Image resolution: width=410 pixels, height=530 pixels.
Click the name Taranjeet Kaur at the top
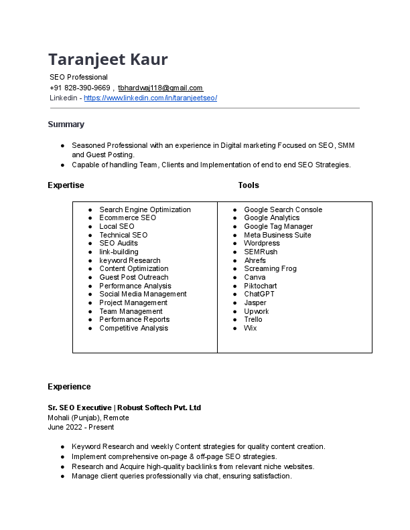108,60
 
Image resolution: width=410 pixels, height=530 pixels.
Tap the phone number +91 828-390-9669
80,88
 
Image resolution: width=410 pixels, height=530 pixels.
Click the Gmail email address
160,88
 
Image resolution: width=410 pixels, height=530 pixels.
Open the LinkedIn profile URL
150,98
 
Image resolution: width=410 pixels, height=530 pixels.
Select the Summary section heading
66,124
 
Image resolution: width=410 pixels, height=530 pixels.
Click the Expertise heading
66,185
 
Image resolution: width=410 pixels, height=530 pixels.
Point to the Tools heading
248,185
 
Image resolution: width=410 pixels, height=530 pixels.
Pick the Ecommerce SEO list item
127,218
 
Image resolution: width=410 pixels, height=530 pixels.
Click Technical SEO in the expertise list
123,235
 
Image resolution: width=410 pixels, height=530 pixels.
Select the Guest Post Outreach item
133,277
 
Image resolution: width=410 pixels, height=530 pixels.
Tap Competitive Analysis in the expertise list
133,328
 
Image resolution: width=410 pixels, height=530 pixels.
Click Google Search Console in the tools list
283,209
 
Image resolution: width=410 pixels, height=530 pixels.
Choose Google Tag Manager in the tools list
278,226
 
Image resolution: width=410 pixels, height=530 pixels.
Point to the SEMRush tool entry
261,252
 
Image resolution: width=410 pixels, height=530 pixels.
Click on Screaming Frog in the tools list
270,268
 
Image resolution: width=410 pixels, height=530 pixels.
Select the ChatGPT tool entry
259,294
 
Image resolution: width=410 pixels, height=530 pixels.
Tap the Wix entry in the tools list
250,328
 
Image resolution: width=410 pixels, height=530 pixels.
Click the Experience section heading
69,387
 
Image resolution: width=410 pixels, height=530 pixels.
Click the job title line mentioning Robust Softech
124,408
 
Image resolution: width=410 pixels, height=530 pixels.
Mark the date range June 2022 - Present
80,427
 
